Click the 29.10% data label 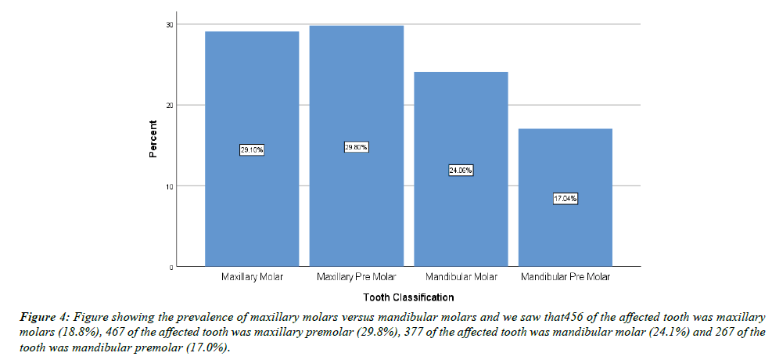252,149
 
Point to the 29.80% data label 357,147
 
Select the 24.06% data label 461,170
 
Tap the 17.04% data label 566,199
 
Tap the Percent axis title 154,139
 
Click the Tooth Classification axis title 408,297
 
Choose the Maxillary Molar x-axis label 252,277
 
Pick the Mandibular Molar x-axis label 461,277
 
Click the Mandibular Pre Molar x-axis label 566,277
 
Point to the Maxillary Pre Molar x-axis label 357,277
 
